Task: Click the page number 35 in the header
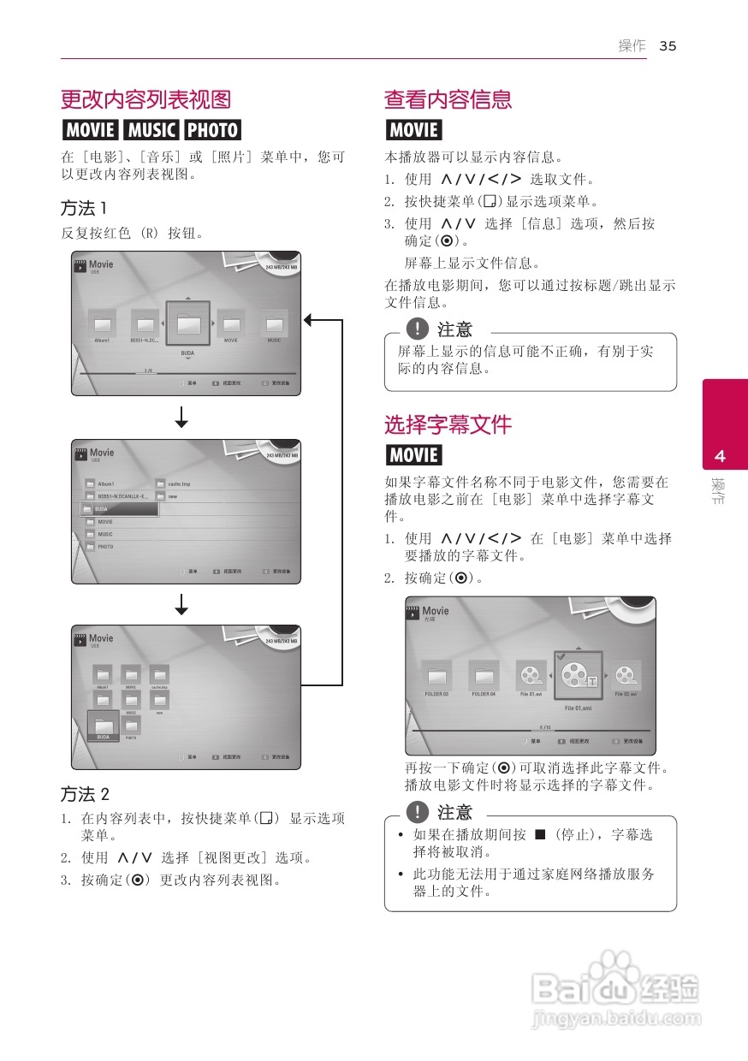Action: (x=668, y=46)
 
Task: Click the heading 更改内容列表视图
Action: (x=145, y=99)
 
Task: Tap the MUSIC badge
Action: (x=151, y=130)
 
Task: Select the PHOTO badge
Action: (x=213, y=130)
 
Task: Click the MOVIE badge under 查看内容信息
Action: (x=413, y=130)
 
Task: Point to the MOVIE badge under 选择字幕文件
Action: (x=413, y=455)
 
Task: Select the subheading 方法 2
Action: (x=85, y=793)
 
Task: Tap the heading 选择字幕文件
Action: (x=448, y=424)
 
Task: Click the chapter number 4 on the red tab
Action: (x=720, y=456)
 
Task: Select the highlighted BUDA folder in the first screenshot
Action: (x=187, y=325)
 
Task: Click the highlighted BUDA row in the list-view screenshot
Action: (x=120, y=509)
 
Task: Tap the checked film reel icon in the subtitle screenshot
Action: (x=577, y=676)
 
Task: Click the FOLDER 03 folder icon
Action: (x=436, y=675)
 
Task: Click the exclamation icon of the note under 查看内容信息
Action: (x=418, y=329)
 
